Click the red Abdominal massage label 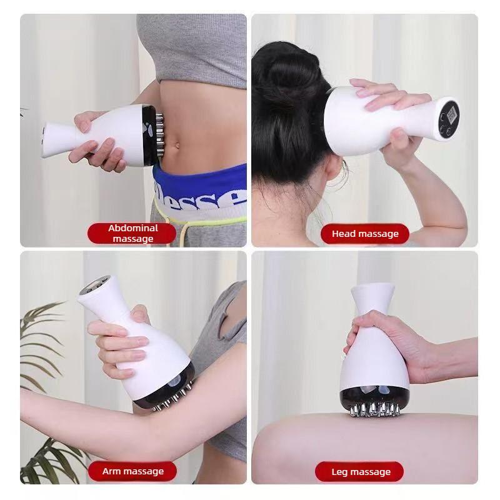132,233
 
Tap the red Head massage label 365,234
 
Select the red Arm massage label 132,471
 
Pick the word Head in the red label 344,234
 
